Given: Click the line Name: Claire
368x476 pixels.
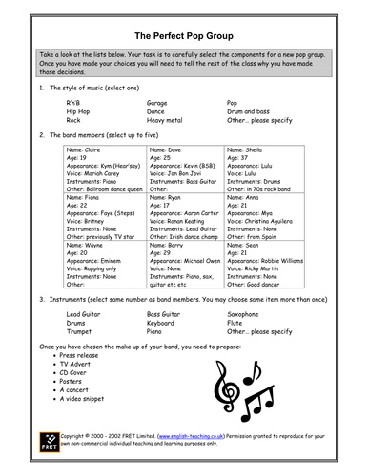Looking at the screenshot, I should [x=86, y=150].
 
